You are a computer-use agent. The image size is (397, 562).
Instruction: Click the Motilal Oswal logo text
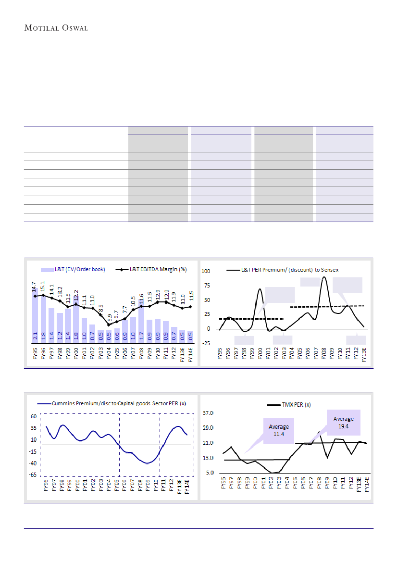(x=56, y=28)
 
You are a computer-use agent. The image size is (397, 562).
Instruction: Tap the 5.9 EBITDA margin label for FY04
(x=109, y=318)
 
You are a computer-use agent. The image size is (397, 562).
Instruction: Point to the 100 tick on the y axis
(x=206, y=271)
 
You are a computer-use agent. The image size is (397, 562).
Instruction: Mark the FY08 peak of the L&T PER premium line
(x=324, y=277)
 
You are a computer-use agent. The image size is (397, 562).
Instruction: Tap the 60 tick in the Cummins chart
(x=34, y=416)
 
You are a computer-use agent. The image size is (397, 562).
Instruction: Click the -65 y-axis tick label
(x=33, y=475)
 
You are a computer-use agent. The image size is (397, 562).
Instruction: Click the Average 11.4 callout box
(x=279, y=430)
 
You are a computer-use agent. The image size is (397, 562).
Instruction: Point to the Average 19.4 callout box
(x=343, y=422)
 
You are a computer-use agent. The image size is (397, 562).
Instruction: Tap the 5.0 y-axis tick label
(x=210, y=473)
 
